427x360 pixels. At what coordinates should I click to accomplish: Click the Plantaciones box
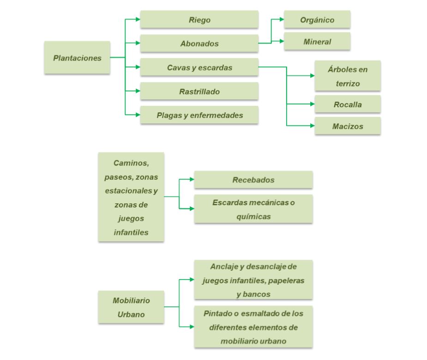[77, 58]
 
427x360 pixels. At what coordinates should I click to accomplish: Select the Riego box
[199, 20]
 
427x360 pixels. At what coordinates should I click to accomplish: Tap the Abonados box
[199, 44]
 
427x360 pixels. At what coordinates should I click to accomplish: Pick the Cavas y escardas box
[199, 67]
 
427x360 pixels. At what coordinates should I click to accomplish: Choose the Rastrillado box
[199, 92]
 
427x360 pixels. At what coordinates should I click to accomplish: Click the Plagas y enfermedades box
[199, 115]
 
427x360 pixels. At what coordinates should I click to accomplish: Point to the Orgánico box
[317, 20]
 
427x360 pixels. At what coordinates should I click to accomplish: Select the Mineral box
[317, 42]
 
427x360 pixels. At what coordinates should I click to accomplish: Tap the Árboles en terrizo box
[347, 75]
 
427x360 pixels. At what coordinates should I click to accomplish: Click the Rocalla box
[347, 104]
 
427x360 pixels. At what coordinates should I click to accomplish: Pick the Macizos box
[347, 126]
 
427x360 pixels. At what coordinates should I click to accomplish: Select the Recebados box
[253, 180]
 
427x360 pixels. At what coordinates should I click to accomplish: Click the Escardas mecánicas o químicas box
[253, 209]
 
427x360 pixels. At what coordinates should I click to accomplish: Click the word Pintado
[218, 313]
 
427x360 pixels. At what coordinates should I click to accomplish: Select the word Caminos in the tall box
[131, 163]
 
